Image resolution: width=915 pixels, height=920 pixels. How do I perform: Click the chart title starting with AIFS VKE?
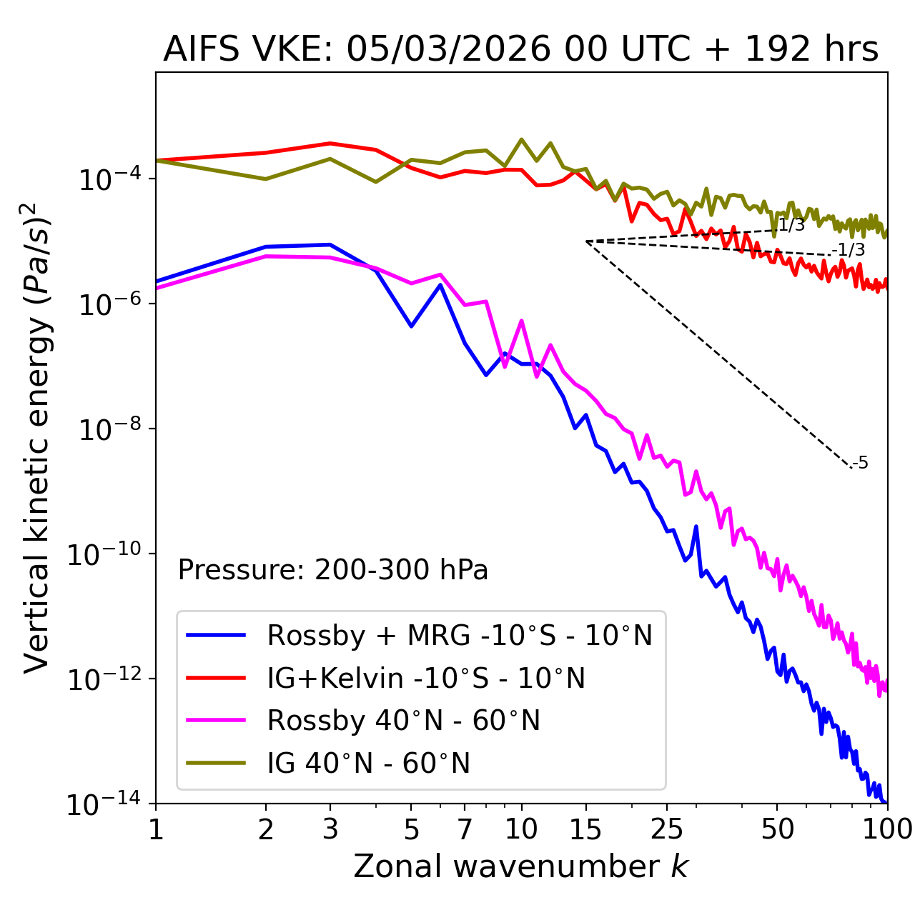click(x=520, y=50)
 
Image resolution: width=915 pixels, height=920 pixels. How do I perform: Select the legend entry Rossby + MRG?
click(x=460, y=635)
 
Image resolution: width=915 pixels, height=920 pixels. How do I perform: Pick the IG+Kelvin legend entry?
click(x=426, y=678)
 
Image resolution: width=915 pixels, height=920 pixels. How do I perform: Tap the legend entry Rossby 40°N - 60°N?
click(x=403, y=721)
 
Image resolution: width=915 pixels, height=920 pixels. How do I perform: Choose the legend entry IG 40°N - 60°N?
click(x=368, y=764)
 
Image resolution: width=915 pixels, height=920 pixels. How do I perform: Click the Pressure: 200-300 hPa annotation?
click(x=332, y=570)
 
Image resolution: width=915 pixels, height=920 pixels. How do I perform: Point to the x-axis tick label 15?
click(x=586, y=829)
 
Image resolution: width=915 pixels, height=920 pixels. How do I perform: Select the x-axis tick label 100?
click(x=887, y=829)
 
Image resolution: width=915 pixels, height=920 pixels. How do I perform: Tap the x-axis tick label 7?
click(x=465, y=829)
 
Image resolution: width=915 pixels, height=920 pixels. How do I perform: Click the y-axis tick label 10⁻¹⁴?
click(x=101, y=805)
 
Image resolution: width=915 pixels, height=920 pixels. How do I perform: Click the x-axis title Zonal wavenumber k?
click(x=520, y=866)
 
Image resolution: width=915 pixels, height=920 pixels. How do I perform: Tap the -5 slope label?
click(x=861, y=464)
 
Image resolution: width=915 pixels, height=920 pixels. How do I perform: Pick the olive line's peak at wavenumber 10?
click(x=521, y=139)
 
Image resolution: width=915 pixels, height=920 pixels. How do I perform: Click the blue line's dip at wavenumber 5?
click(x=411, y=326)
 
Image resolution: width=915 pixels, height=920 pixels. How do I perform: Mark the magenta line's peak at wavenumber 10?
click(x=521, y=321)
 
